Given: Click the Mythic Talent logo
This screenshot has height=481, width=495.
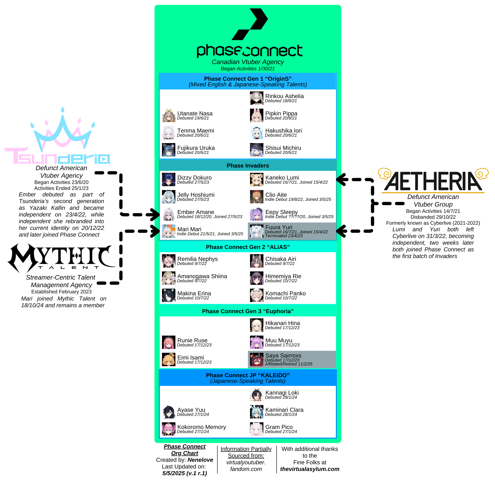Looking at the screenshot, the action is coord(61,258).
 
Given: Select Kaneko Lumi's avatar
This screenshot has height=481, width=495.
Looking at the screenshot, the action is coord(257,180).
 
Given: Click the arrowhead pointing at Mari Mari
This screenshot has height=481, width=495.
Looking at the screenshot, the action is coord(155,231).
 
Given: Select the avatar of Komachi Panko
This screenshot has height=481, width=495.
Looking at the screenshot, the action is coord(257,295).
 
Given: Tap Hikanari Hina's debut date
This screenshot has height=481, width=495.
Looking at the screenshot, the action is coord(282,328).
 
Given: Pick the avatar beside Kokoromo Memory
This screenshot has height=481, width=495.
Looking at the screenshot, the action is coord(168,429).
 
